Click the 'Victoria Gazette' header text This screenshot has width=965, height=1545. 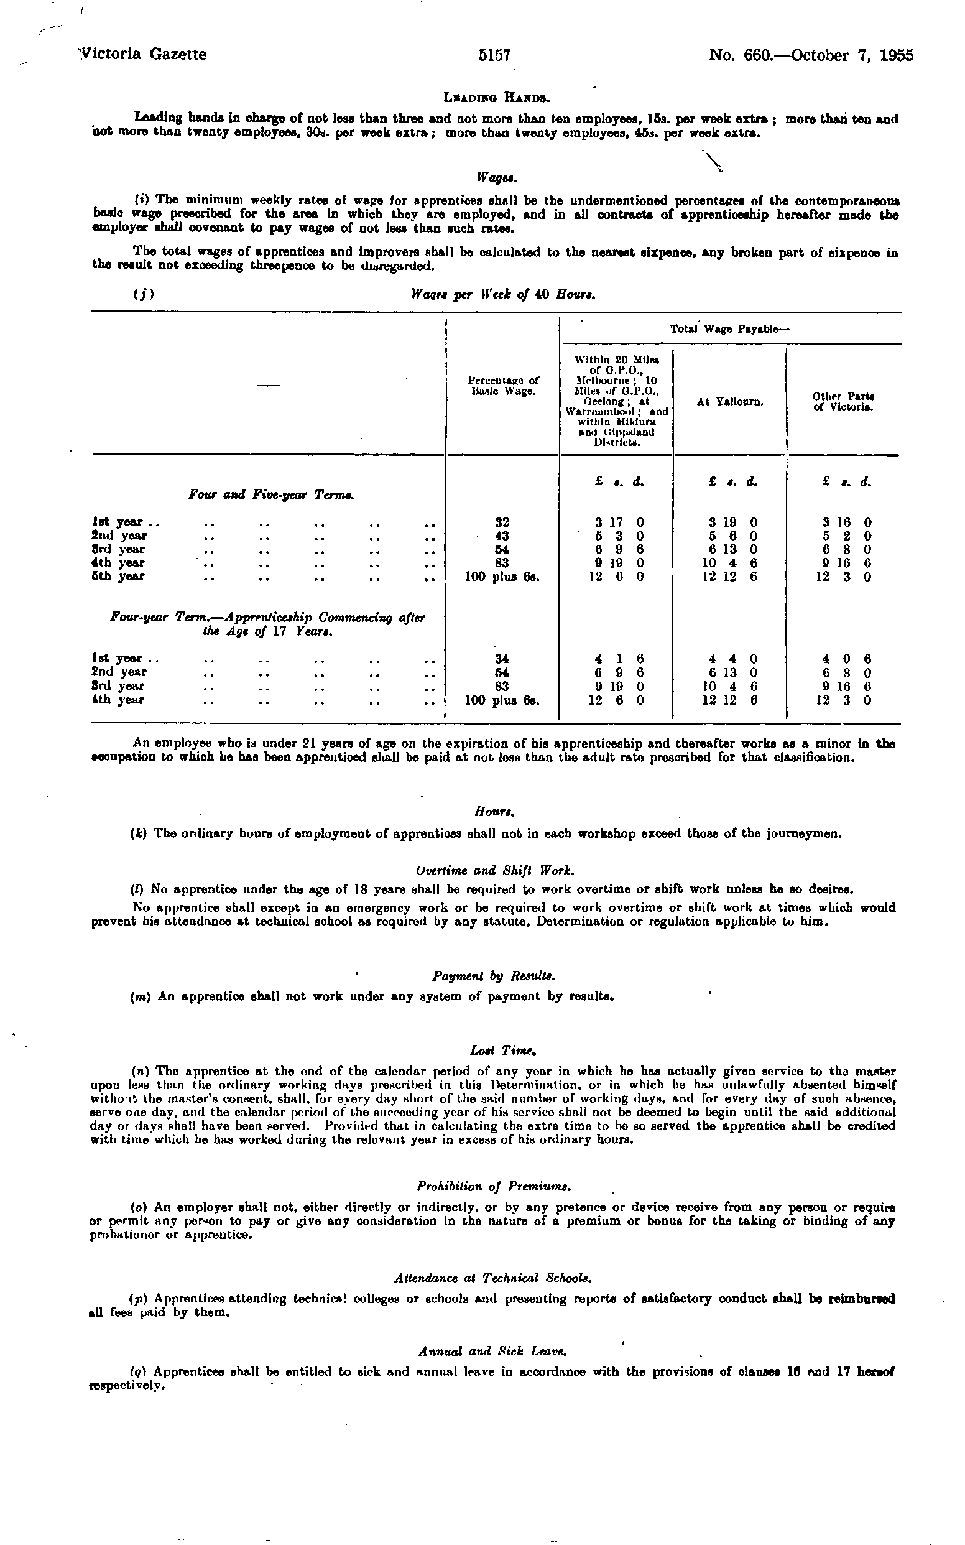pos(142,54)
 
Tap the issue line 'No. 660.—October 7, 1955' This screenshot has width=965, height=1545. pos(811,55)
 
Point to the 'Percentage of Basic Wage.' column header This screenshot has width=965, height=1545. pos(503,385)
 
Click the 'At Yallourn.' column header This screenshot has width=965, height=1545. pos(730,402)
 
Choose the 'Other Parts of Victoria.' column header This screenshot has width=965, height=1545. pos(843,402)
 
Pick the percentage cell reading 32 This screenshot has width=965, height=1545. pos(503,522)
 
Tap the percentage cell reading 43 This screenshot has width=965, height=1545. pos(503,536)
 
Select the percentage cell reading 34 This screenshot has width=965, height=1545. pos(503,659)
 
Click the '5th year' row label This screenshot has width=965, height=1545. pos(119,577)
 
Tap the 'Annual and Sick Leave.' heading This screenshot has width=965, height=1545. pos(492,1352)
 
